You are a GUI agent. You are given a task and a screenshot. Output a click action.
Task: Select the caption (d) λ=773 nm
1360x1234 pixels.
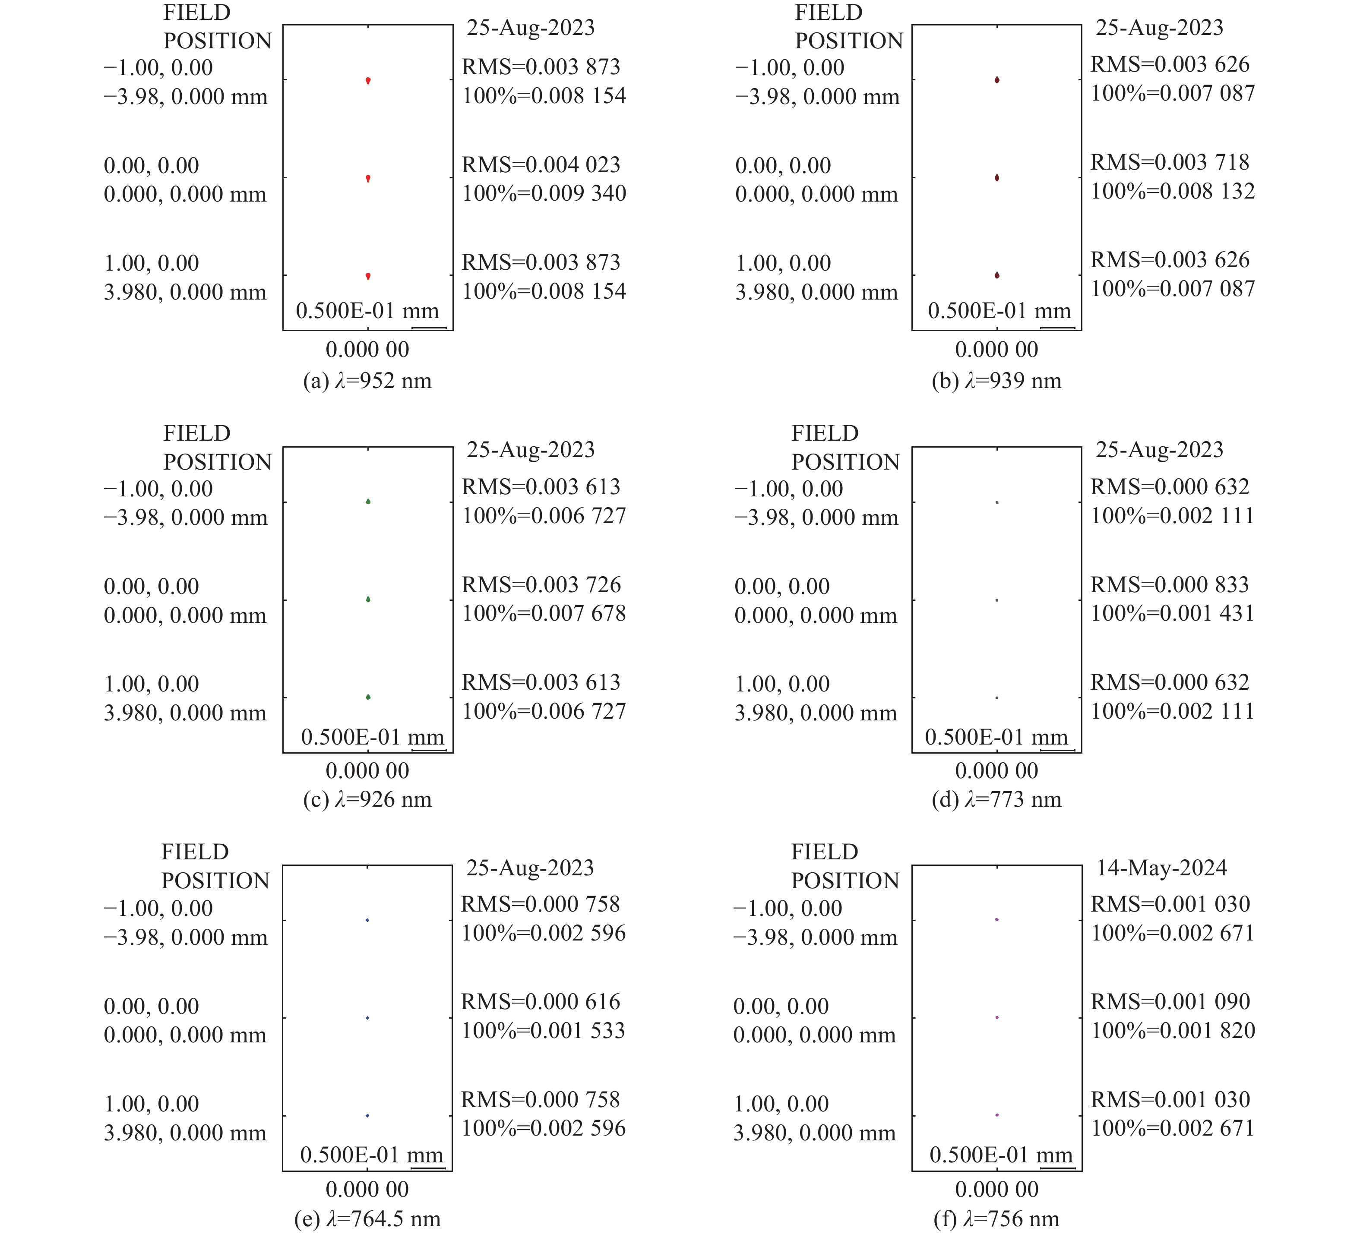tap(996, 800)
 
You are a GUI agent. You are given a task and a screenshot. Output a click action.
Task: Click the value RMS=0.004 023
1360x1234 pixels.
tap(541, 164)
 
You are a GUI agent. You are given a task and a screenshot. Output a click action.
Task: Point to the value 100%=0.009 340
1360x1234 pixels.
tap(544, 193)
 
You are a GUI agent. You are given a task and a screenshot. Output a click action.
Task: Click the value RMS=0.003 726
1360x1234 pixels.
tap(541, 585)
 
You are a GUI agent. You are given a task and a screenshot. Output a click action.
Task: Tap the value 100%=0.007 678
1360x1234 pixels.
tap(544, 614)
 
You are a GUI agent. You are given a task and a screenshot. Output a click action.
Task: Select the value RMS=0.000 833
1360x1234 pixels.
tap(1170, 585)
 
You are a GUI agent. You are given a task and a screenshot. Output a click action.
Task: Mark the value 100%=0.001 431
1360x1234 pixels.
tap(1173, 614)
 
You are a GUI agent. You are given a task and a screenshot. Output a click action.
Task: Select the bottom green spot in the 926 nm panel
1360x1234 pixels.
tap(368, 697)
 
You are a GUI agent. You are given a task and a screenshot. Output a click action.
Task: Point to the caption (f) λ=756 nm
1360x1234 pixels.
tap(996, 1219)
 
